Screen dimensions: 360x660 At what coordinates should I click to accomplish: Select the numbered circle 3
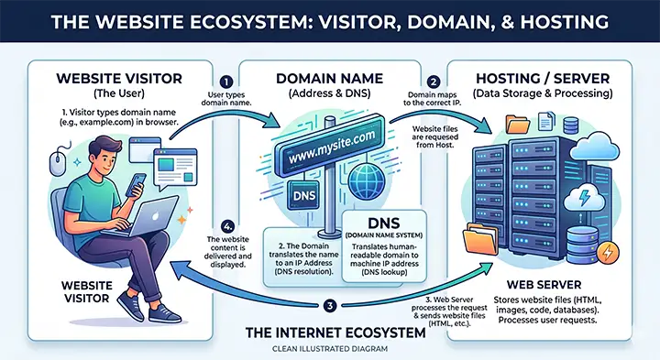coord(331,305)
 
